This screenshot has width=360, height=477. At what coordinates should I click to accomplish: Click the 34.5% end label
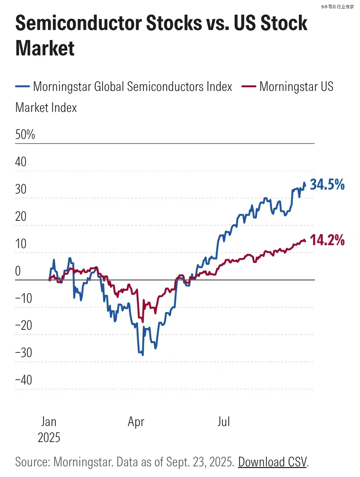point(327,185)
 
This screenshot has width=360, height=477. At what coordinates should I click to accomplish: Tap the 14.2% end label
point(327,240)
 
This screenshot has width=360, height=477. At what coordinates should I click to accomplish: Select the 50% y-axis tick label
point(25,135)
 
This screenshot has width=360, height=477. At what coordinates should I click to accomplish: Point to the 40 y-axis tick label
point(21,162)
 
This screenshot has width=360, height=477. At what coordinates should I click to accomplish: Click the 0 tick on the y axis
point(18,271)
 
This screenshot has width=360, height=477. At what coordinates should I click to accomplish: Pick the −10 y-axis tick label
point(23,298)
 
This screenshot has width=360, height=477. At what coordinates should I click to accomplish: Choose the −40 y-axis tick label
point(23,380)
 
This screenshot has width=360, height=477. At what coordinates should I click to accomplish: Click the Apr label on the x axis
point(136,422)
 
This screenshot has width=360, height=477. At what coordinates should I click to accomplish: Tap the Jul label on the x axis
point(224,422)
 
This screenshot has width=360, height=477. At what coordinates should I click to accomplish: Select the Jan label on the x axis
point(49,422)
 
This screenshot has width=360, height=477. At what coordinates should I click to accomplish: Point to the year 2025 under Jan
point(49,438)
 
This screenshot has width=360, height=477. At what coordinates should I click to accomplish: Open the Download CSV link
point(272,462)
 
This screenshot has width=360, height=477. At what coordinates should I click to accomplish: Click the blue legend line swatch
point(23,87)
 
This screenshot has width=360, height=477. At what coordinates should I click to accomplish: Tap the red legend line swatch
point(248,87)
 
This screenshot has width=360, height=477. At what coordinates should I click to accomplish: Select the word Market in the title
point(45,48)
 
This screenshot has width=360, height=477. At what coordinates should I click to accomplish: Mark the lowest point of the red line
point(143,322)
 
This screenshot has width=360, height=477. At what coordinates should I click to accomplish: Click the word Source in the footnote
point(32,462)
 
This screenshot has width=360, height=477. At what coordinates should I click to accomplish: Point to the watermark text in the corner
point(337,7)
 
